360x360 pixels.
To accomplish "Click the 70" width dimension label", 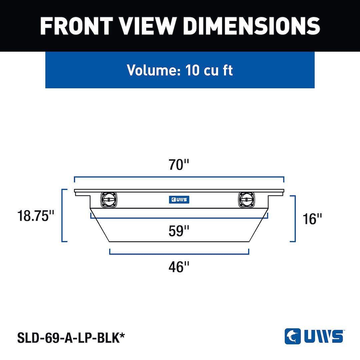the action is click(179, 165).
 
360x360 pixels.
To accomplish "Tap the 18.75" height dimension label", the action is click(36, 216).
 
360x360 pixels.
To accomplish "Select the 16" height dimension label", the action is click(312, 219).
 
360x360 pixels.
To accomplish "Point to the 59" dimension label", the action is click(179, 231).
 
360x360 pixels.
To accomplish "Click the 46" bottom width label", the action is click(179, 267).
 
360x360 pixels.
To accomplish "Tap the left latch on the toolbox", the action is click(109, 200).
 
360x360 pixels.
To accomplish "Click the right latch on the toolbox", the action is click(246, 200).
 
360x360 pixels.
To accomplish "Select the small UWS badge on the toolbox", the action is click(179, 200).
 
